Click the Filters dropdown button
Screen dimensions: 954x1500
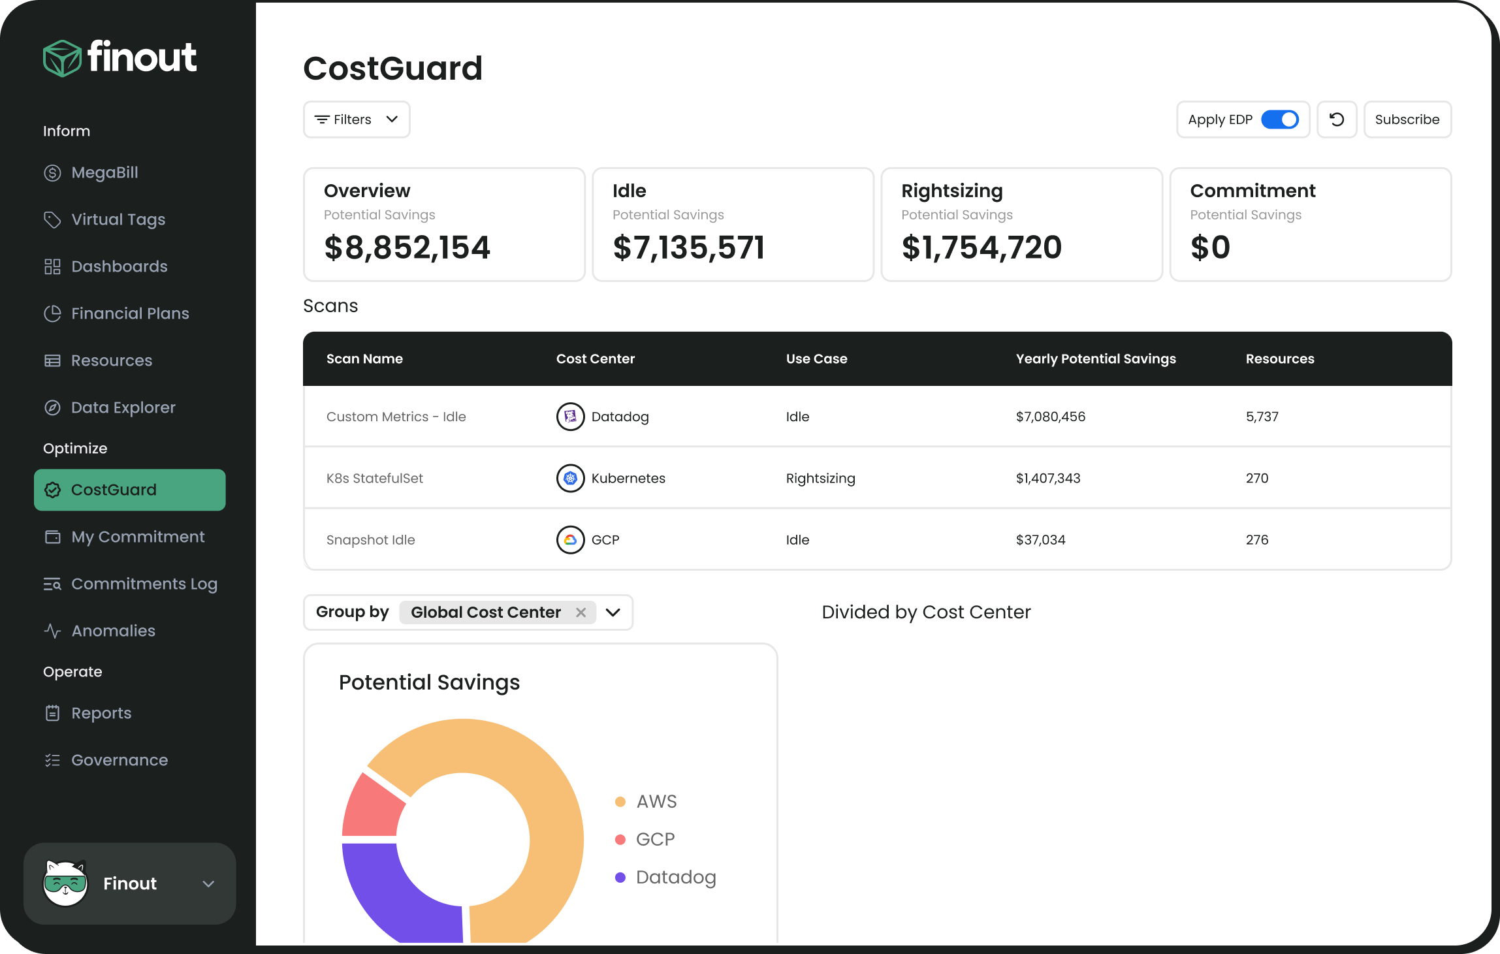tap(357, 119)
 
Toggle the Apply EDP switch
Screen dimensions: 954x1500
tap(1279, 119)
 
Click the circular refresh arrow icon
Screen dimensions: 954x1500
tap(1337, 119)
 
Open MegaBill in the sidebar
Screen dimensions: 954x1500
tap(104, 172)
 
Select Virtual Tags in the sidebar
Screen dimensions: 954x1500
tap(118, 219)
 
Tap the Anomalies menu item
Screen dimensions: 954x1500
tap(113, 631)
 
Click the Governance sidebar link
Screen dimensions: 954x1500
tap(119, 760)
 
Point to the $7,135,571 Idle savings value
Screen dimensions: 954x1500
tap(688, 247)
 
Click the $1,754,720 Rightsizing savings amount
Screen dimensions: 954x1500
tap(981, 247)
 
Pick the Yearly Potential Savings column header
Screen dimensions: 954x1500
tap(1096, 358)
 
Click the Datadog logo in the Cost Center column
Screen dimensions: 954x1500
tap(570, 417)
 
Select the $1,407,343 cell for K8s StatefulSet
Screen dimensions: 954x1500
tap(1048, 478)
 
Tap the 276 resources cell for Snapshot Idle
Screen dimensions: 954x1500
tap(1257, 540)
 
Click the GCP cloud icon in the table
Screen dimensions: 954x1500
tap(570, 540)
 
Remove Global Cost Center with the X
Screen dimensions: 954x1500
tap(581, 612)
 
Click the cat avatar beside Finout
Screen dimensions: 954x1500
tap(65, 883)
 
